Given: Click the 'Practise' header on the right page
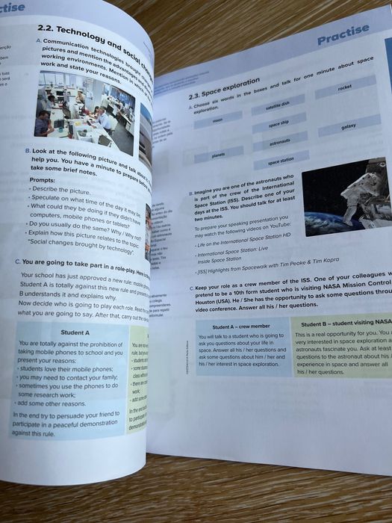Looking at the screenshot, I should point(343,34).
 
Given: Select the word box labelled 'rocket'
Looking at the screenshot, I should point(344,88).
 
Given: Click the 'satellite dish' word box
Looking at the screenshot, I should point(278,108).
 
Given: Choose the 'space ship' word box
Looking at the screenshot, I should point(278,124).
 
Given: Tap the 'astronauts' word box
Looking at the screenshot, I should point(279,142).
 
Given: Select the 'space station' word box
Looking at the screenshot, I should point(281,161).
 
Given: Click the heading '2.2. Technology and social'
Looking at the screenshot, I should point(90,34).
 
